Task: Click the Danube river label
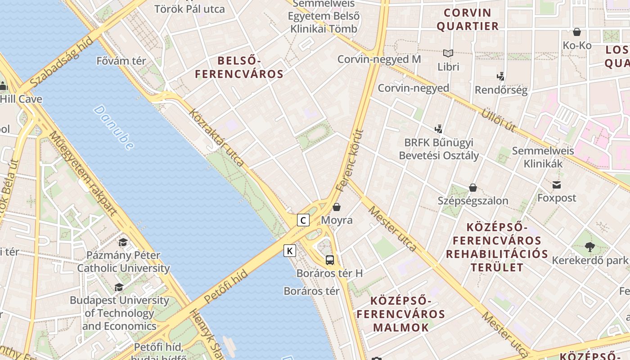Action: click(114, 127)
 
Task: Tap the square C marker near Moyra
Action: click(303, 220)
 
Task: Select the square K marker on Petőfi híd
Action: click(290, 251)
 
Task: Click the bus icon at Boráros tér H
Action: click(330, 260)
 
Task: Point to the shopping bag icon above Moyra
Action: click(336, 207)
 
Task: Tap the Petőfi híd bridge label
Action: click(226, 286)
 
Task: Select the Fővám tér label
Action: click(121, 61)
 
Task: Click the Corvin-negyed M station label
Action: click(379, 59)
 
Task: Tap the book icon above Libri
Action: click(448, 54)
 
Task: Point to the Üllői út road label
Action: click(499, 120)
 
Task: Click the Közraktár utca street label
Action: click(217, 137)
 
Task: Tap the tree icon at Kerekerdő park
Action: click(589, 247)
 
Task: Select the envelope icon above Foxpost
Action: click(557, 185)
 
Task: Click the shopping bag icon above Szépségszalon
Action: click(473, 187)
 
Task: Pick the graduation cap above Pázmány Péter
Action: click(123, 243)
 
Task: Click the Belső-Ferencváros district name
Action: click(239, 67)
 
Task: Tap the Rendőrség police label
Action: click(501, 90)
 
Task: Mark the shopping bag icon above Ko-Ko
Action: click(577, 32)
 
